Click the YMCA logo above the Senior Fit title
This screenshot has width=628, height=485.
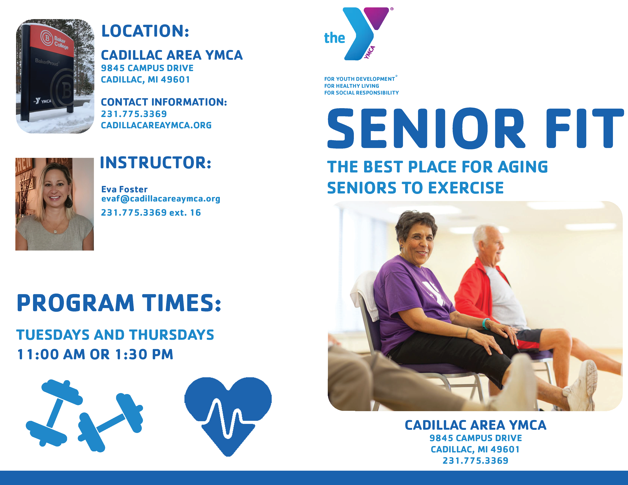pyautogui.click(x=359, y=34)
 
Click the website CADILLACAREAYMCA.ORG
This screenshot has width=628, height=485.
pyautogui.click(x=156, y=125)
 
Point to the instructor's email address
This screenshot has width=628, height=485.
pyautogui.click(x=161, y=199)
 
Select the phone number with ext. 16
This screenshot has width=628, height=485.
pyautogui.click(x=151, y=213)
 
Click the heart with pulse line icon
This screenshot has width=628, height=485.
pyautogui.click(x=228, y=416)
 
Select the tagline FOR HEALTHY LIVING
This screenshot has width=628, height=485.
pyautogui.click(x=352, y=86)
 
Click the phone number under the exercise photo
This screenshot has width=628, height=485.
pyautogui.click(x=475, y=461)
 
